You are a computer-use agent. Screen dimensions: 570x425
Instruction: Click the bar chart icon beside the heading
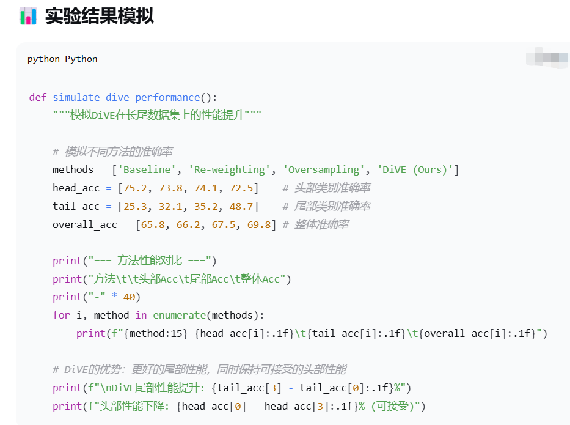[x=28, y=16]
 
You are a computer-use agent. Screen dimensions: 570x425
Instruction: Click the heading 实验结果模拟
[x=99, y=16]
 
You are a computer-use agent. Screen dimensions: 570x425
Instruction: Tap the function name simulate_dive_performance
[x=126, y=97]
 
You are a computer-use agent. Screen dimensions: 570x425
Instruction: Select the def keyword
[x=38, y=97]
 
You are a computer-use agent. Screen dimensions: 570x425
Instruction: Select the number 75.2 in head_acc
[x=135, y=188]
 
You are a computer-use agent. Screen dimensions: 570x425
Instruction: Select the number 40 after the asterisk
[x=129, y=297]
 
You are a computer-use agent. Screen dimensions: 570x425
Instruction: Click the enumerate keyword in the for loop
[x=179, y=315]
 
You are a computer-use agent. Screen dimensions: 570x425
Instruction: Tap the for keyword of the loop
[x=61, y=315]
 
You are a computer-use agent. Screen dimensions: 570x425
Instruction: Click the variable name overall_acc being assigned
[x=84, y=224]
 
